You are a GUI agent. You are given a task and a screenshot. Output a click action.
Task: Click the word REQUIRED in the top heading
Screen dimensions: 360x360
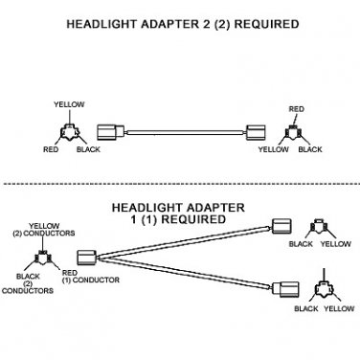tap(266, 24)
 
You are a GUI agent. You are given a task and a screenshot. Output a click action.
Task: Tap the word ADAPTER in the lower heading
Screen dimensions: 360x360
tap(215, 208)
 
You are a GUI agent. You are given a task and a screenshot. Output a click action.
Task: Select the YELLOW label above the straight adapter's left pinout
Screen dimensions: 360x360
tap(69, 104)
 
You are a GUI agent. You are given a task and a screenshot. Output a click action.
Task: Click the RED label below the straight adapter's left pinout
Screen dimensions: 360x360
tap(51, 149)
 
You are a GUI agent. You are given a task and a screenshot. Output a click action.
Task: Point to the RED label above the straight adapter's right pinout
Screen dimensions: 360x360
tap(297, 109)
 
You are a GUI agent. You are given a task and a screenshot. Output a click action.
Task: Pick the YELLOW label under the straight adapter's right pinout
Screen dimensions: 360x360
tap(274, 149)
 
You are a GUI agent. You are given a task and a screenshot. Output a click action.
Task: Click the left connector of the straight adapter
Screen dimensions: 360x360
tap(110, 131)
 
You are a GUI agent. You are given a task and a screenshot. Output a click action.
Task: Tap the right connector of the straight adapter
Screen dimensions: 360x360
tap(256, 132)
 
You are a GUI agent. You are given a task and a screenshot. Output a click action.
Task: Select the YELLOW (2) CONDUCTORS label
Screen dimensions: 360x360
tap(44, 230)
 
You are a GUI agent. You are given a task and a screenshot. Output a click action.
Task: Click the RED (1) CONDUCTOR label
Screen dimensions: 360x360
tap(90, 277)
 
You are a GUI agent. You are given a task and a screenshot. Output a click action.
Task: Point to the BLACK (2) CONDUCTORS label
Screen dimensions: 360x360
tap(28, 283)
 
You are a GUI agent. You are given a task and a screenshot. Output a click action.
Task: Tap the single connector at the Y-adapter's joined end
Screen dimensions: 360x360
tap(86, 257)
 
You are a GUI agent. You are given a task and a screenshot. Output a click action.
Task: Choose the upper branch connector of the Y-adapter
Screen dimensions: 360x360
tap(281, 226)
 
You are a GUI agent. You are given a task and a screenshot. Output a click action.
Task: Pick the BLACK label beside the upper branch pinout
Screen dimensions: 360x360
tap(301, 244)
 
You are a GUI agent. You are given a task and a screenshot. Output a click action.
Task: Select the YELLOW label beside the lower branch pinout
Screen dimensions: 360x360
tap(339, 308)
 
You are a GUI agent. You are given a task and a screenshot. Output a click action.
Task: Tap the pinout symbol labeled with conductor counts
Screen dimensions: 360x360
tap(43, 258)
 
